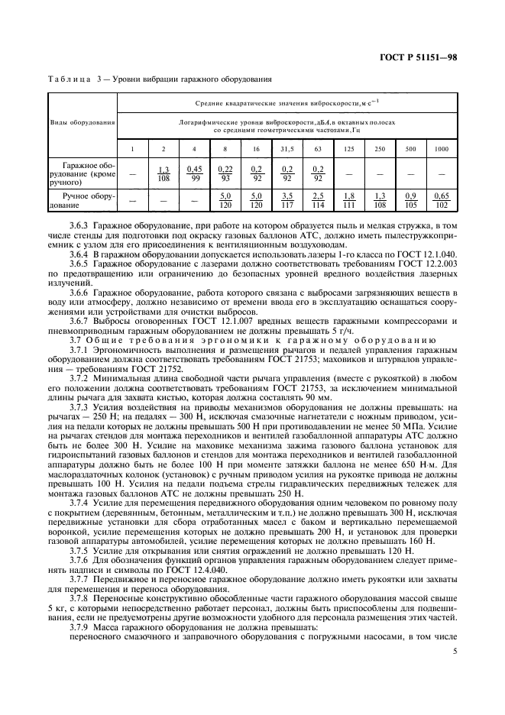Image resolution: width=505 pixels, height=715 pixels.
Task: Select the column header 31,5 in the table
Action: [287, 148]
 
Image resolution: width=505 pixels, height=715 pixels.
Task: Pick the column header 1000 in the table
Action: [442, 148]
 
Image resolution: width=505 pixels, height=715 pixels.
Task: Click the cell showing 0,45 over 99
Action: [194, 173]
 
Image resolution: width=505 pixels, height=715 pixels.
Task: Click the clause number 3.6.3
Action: [79, 226]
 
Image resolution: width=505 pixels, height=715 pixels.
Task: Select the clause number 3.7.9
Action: [79, 626]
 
